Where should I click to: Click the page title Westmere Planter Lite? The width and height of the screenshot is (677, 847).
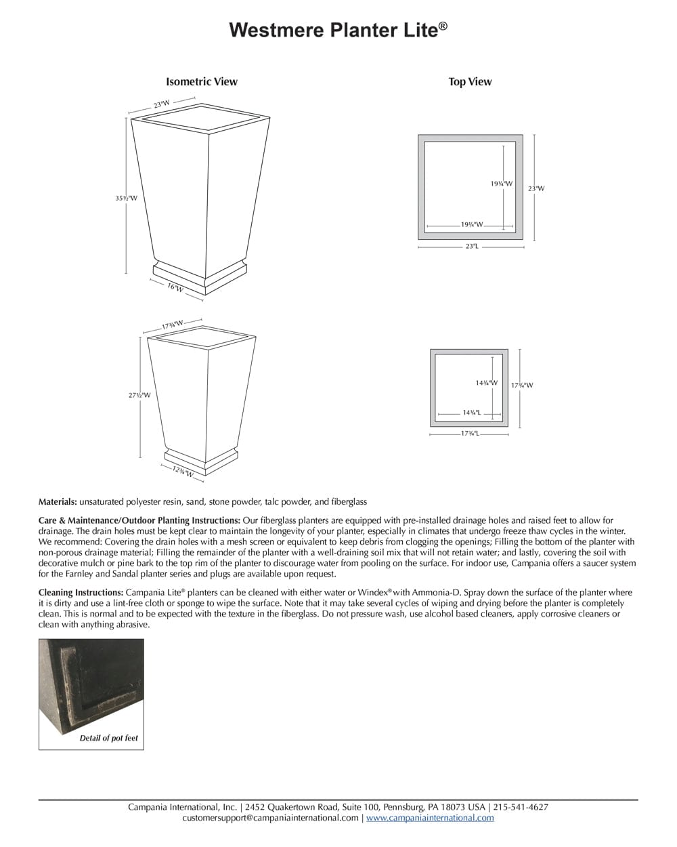338,30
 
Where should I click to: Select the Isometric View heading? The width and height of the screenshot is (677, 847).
202,82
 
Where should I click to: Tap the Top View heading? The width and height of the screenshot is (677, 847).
470,82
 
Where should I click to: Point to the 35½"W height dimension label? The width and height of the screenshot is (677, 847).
126,199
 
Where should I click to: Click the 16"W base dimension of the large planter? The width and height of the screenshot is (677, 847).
175,288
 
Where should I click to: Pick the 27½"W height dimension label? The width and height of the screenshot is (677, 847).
139,395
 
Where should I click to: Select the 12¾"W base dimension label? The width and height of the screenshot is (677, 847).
182,472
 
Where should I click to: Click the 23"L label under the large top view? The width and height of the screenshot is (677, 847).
471,247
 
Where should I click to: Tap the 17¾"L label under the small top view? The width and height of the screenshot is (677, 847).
470,433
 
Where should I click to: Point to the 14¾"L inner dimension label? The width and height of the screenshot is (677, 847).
471,412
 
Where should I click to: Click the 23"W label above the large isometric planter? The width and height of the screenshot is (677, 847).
161,104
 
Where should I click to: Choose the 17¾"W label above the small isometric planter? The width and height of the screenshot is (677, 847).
173,325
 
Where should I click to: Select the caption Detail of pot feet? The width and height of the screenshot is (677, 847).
108,738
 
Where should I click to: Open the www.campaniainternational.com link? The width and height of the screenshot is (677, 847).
430,818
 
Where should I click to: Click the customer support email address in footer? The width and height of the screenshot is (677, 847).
271,818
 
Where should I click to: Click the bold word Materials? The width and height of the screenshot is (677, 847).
58,502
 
